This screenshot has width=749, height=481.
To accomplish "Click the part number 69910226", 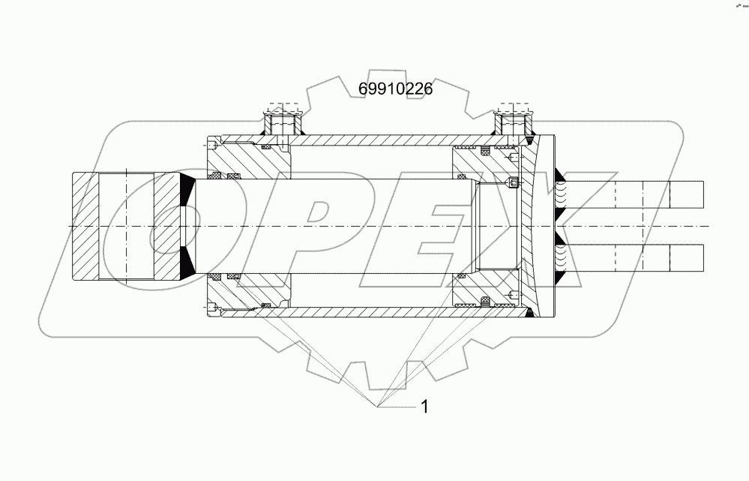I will pos(396,89).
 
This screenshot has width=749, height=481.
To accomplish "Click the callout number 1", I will pos(424,407).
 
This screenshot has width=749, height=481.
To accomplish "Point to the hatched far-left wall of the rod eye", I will pos(85,227).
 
